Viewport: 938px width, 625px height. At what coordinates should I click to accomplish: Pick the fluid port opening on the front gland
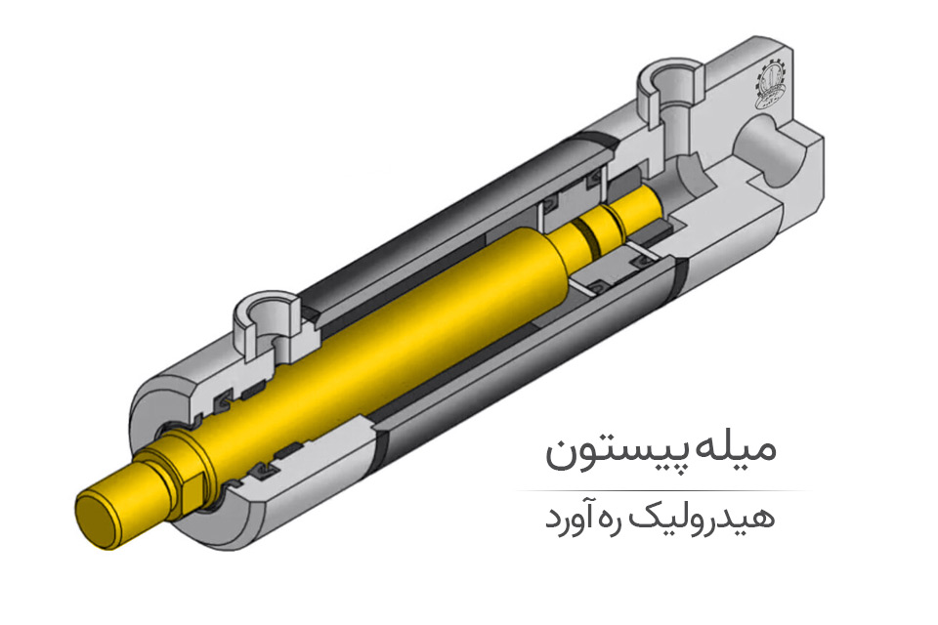pos(266,313)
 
